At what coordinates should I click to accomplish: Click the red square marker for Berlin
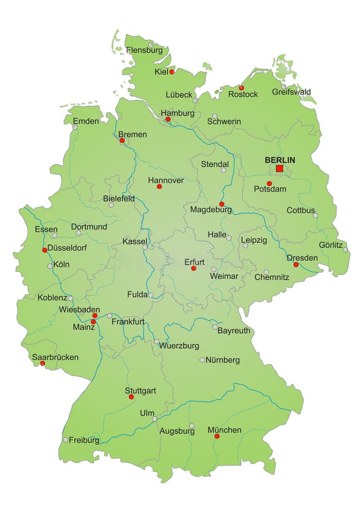point(280,169)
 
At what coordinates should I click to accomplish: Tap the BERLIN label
point(280,160)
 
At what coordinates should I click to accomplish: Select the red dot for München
point(217,436)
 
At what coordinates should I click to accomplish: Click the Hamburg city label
point(177,113)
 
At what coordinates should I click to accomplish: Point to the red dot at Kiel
point(172,72)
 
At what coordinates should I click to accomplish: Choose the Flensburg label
point(144,50)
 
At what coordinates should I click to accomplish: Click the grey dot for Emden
point(75,127)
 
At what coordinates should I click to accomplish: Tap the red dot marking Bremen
point(122,140)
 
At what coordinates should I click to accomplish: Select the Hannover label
point(165,180)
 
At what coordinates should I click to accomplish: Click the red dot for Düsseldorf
point(45,250)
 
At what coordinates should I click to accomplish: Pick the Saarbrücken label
point(55,357)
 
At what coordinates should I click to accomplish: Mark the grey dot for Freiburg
point(66,440)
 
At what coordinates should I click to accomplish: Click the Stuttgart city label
point(140,390)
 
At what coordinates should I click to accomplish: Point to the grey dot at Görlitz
point(345,250)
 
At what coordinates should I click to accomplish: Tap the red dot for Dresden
point(296,265)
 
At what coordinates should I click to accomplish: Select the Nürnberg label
point(223,360)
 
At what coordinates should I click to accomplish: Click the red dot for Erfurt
point(194,268)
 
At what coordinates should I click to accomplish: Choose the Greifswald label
point(291,92)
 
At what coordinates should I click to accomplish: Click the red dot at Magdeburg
point(222,204)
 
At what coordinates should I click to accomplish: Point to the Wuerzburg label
point(179,346)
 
